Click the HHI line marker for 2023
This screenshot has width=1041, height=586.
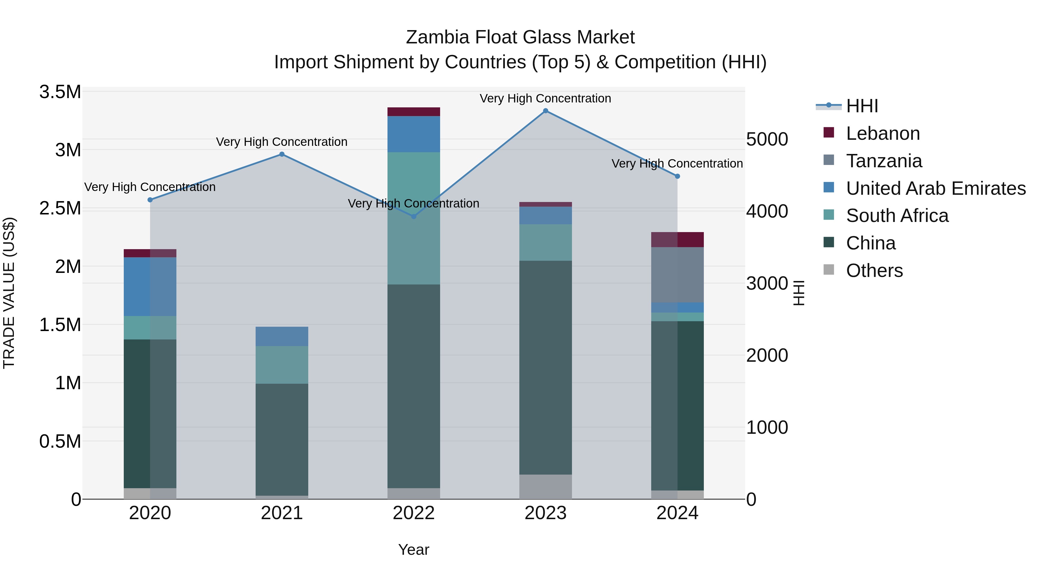click(546, 111)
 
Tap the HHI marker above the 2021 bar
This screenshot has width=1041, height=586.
click(282, 154)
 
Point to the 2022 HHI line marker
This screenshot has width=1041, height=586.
click(414, 217)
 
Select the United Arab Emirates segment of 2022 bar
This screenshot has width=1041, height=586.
click(414, 134)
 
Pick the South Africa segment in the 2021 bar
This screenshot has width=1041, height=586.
click(282, 365)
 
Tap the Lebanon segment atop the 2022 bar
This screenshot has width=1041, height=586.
click(414, 112)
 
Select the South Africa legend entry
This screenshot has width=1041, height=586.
click(897, 216)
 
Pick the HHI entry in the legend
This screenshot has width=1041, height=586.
click(862, 106)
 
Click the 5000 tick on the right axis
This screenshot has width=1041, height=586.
click(767, 139)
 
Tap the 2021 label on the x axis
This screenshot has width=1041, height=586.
click(282, 513)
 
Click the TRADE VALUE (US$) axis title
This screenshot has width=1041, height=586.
click(9, 293)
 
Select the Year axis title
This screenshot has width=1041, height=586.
click(414, 550)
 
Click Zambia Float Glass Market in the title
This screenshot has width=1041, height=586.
click(520, 37)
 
